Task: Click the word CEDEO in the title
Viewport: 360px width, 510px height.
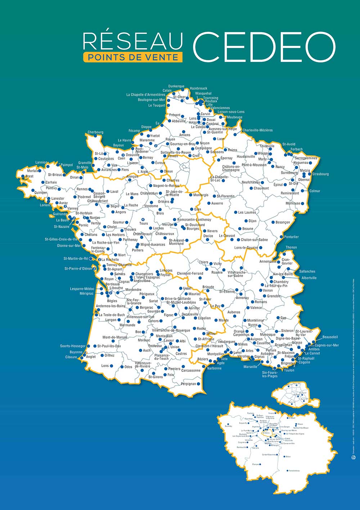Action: (264, 46)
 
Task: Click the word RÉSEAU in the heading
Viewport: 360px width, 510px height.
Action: (133, 41)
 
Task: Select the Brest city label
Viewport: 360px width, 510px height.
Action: (29, 176)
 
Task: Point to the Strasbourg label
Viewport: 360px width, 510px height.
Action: (320, 174)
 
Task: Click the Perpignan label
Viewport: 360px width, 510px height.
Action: (188, 384)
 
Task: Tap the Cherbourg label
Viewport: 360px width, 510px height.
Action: (95, 132)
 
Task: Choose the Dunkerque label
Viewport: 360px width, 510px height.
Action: (176, 86)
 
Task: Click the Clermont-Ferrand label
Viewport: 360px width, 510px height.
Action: (190, 273)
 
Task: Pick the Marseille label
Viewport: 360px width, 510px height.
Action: (250, 367)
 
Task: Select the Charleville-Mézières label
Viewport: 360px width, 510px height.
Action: (257, 130)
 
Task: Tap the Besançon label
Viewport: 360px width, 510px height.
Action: (283, 222)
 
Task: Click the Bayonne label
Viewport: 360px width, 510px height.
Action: (76, 352)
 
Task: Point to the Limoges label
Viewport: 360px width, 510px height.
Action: (166, 270)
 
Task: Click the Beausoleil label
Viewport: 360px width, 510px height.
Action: (330, 337)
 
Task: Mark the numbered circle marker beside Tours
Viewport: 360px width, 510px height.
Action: (143, 219)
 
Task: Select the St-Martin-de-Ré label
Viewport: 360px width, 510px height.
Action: (76, 259)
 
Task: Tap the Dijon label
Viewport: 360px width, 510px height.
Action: (252, 221)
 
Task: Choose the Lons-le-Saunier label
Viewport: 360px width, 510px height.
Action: (246, 248)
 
